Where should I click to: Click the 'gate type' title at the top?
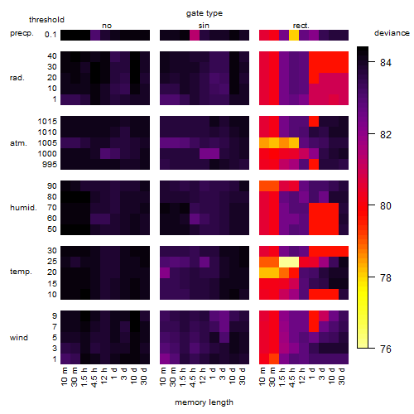click(205, 13)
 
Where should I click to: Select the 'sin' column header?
click(204, 26)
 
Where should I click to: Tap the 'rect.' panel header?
click(301, 26)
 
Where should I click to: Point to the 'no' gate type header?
click(107, 26)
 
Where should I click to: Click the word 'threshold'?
click(46, 20)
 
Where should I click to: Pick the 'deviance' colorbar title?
click(392, 33)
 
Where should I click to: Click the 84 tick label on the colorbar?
click(386, 63)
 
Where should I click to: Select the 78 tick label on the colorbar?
click(386, 277)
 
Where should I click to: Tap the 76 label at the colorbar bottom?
click(386, 349)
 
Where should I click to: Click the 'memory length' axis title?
click(204, 402)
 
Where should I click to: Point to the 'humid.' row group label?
click(23, 208)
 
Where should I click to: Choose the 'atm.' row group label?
click(18, 143)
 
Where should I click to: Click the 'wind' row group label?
click(19, 338)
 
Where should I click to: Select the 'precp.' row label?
click(22, 33)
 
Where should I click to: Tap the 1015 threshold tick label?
click(47, 122)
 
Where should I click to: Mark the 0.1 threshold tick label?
click(51, 35)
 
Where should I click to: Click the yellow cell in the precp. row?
click(294, 35)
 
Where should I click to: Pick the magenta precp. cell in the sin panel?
click(195, 35)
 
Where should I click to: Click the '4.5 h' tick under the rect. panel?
click(294, 378)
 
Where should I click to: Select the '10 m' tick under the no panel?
click(65, 376)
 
